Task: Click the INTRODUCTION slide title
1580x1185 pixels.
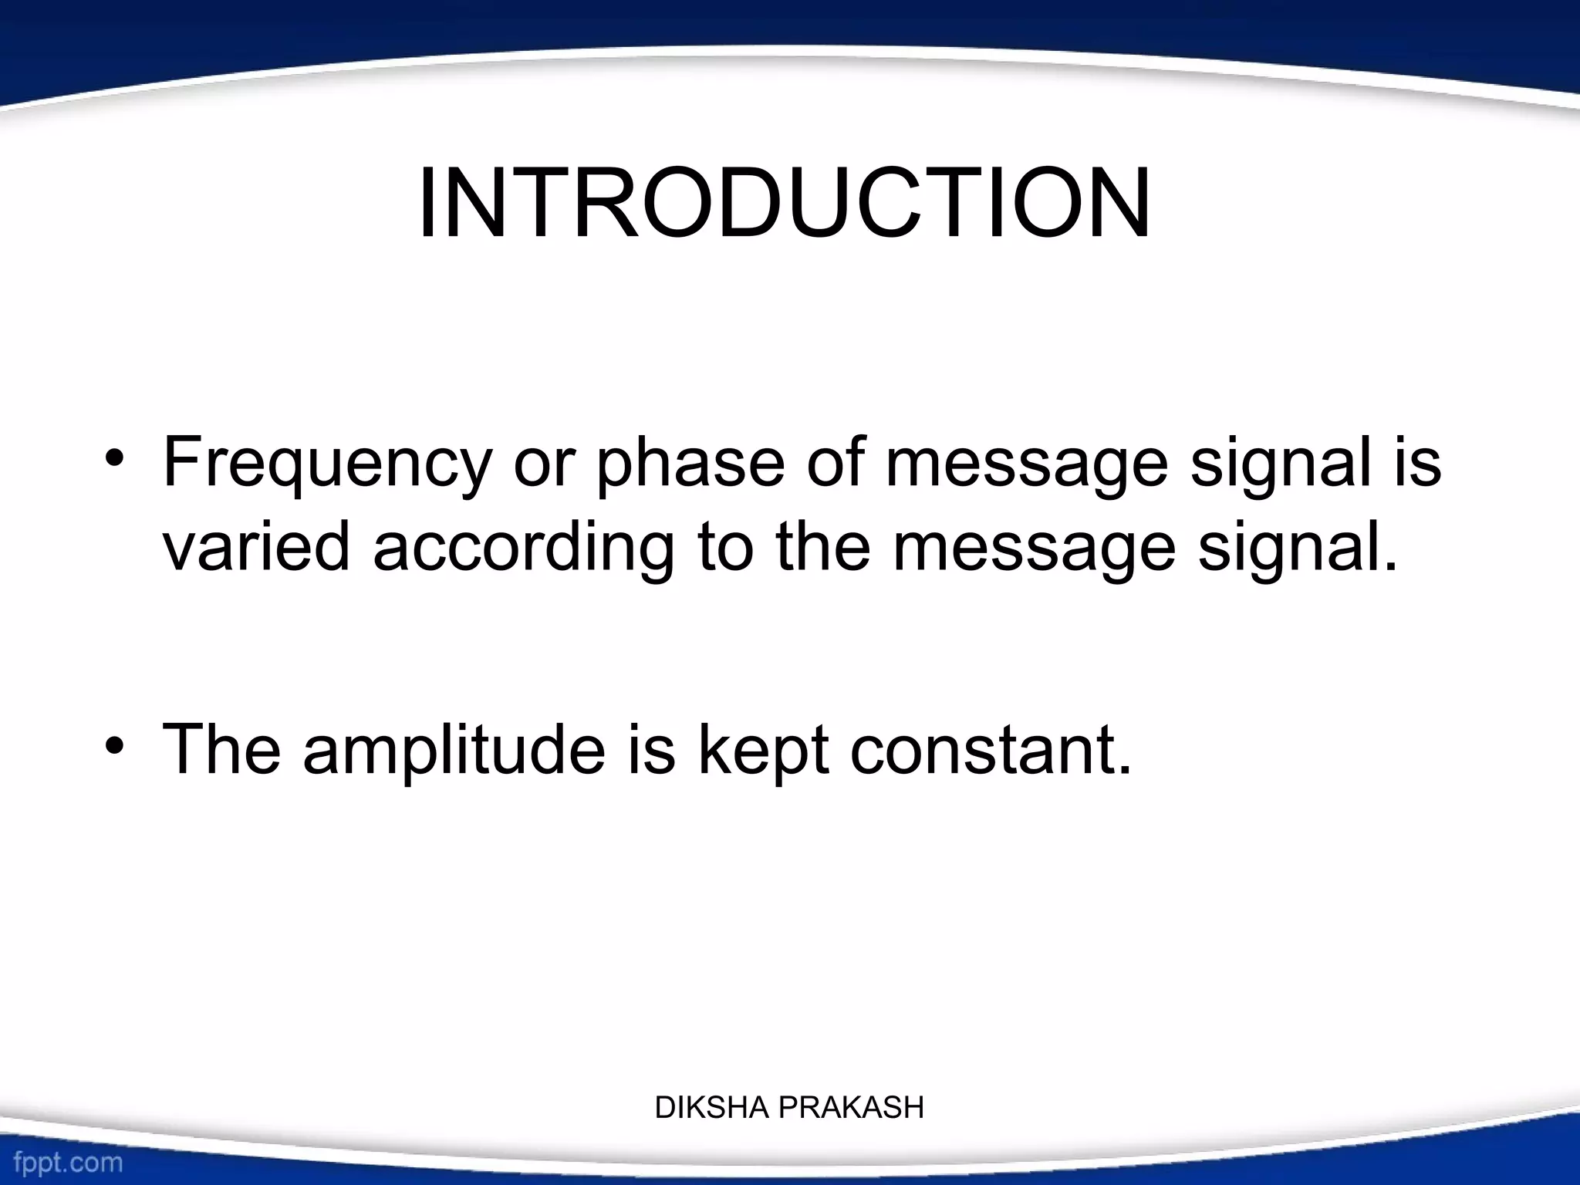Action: tap(784, 204)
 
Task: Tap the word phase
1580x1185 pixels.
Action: tap(689, 464)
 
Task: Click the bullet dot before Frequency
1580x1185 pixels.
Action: tap(115, 461)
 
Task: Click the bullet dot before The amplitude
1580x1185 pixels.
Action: tap(115, 746)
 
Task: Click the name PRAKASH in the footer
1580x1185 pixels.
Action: tap(851, 1108)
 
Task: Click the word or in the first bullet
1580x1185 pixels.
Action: tap(540, 464)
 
